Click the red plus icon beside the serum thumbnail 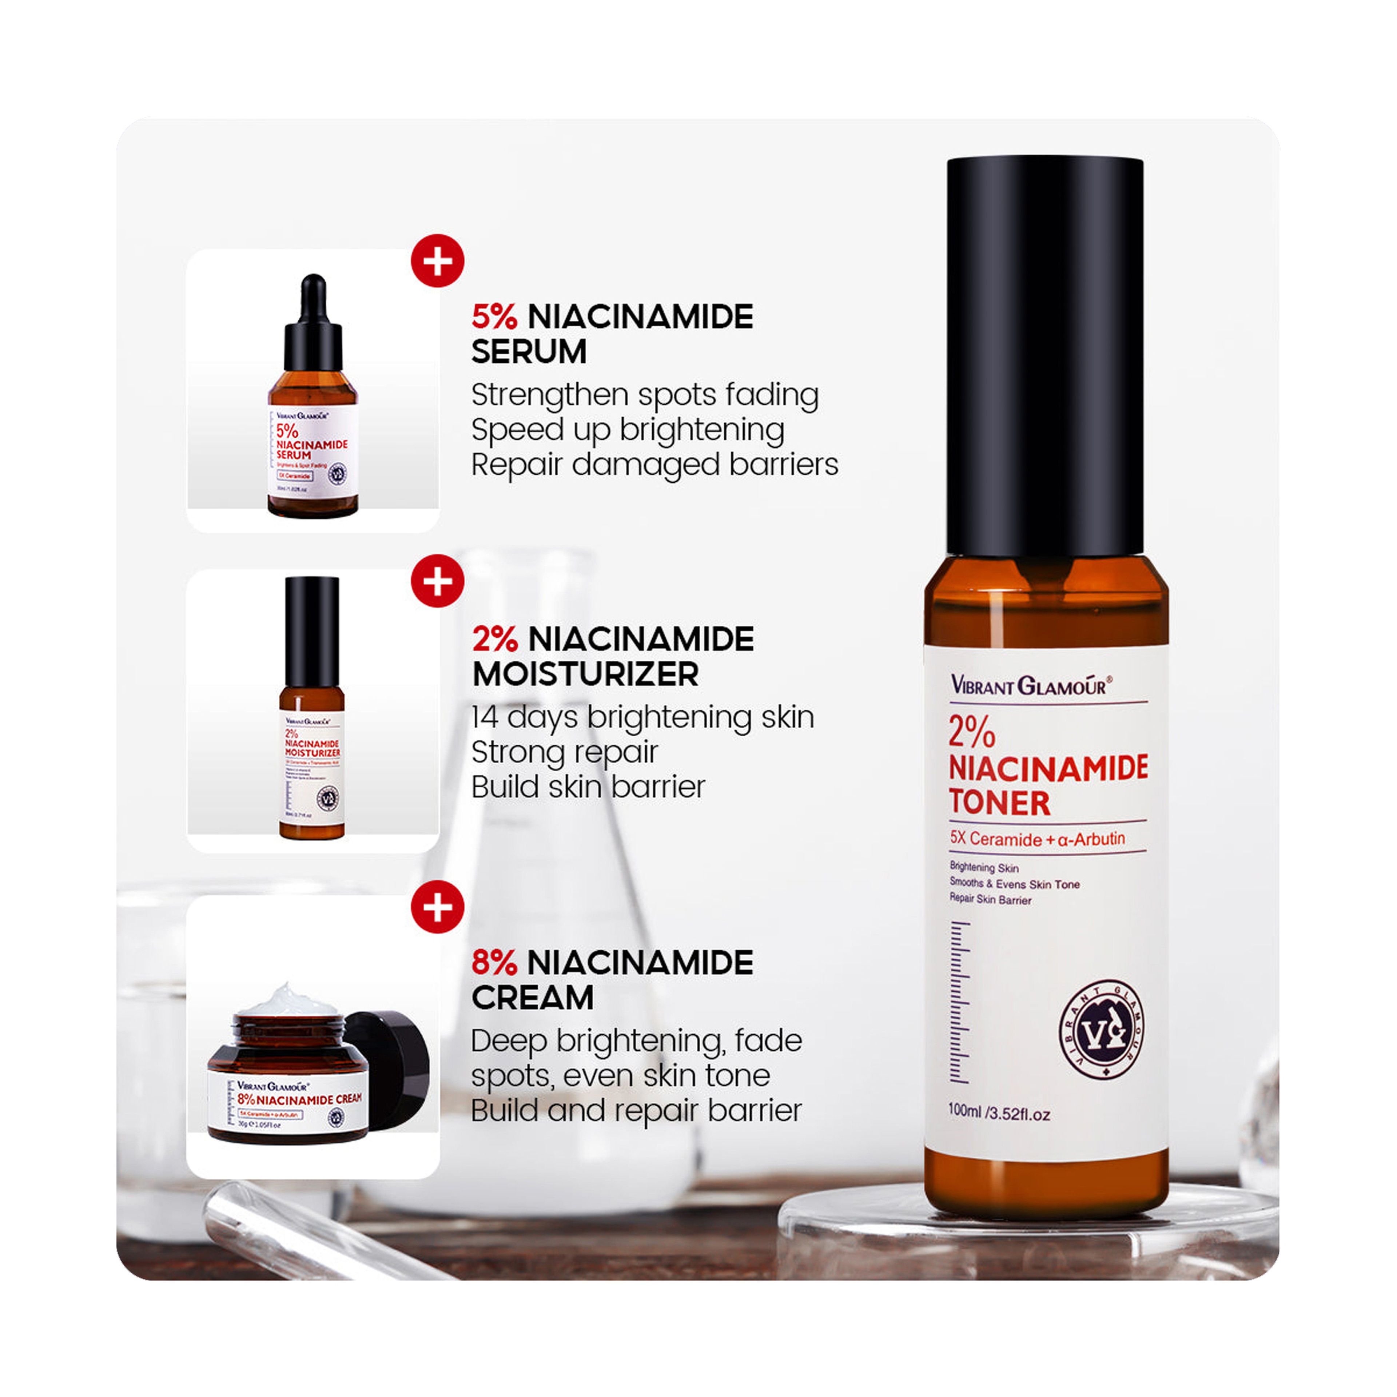pyautogui.click(x=437, y=261)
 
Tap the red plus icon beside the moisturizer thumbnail pyautogui.click(x=437, y=581)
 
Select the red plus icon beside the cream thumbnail pyautogui.click(x=437, y=907)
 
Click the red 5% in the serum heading pyautogui.click(x=495, y=318)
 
